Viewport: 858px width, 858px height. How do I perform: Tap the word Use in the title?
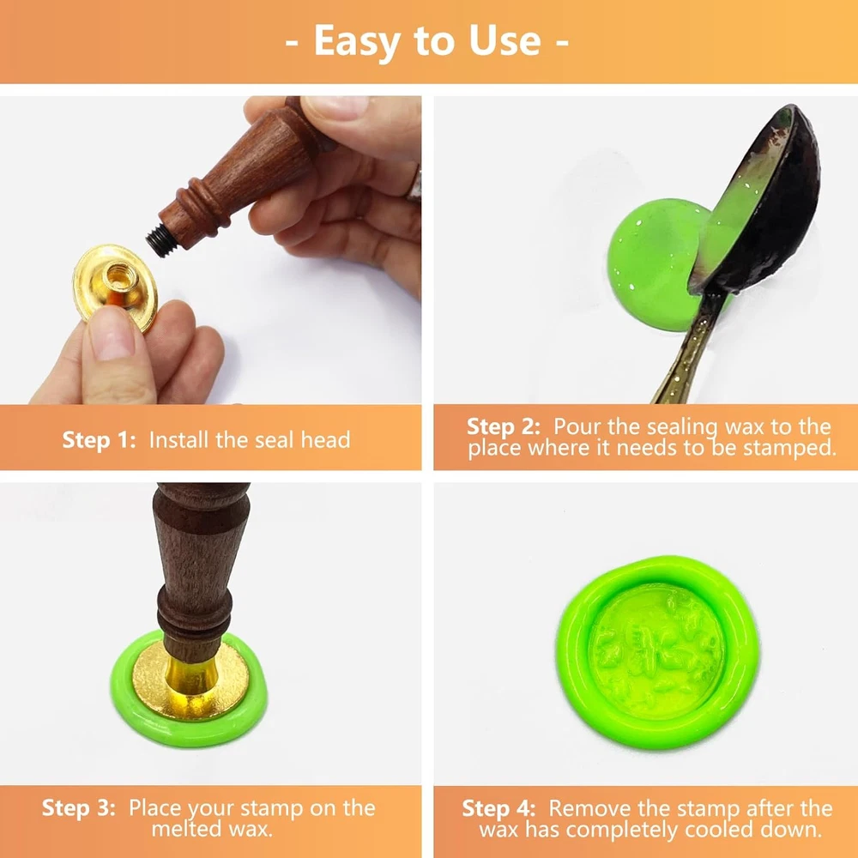coord(505,40)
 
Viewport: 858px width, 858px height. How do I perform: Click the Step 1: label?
coord(99,440)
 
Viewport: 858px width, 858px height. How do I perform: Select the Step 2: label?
coord(504,427)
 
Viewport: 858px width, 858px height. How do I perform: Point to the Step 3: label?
coord(79,808)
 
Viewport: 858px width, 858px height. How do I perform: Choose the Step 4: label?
coord(499,809)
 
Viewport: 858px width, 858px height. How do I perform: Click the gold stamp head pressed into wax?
coord(190,681)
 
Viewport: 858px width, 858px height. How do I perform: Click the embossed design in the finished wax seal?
coord(656,651)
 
